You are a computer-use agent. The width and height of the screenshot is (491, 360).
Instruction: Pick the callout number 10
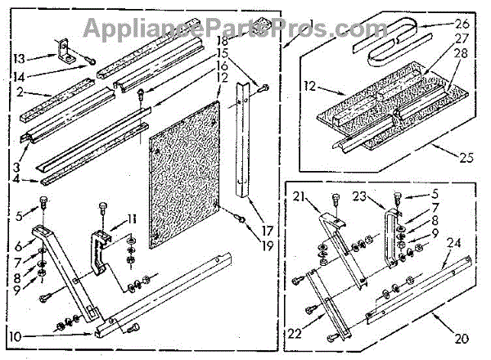point(16,335)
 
